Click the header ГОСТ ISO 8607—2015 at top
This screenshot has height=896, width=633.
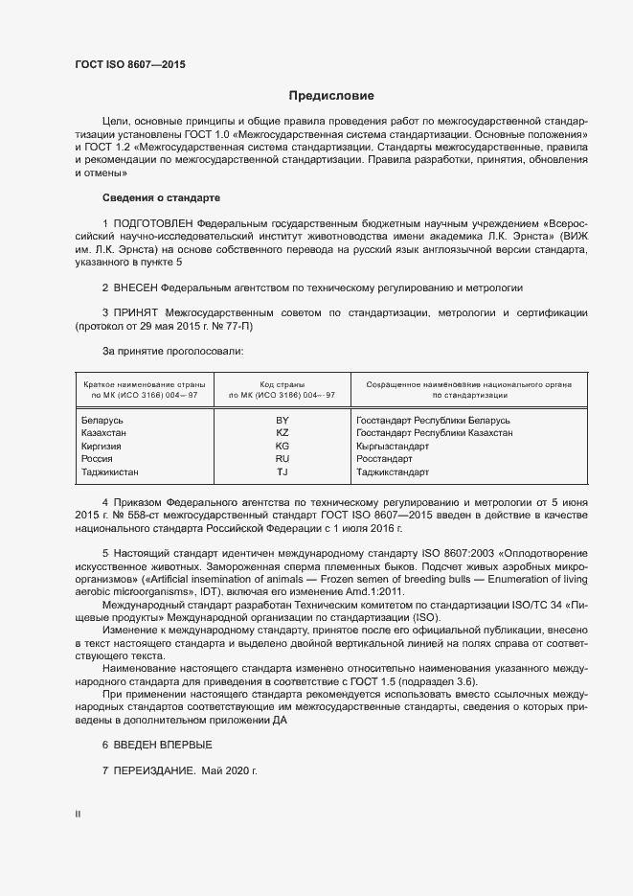coord(130,64)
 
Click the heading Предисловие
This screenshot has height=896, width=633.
coord(331,96)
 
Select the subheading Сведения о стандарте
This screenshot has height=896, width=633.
coord(161,197)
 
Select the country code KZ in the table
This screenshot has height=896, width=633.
coord(283,433)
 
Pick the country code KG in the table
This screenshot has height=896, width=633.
coord(283,447)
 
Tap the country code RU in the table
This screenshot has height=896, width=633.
coord(283,459)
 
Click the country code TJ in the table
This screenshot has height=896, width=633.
coord(283,472)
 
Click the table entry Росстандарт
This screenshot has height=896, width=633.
coord(385,459)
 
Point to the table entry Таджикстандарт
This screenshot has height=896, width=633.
coord(393,472)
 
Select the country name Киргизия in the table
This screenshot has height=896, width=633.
coord(104,447)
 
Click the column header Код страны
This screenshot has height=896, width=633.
coord(282,383)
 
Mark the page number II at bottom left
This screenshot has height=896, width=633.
coord(79,815)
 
